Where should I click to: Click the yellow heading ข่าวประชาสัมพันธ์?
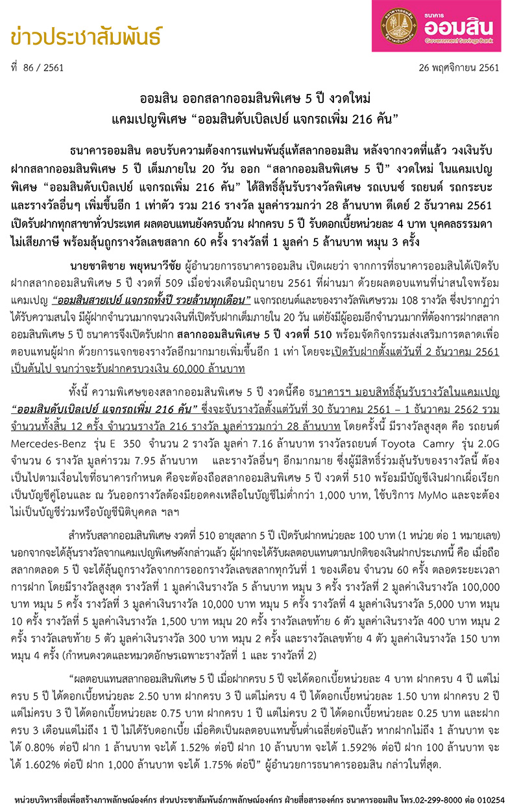point(86,37)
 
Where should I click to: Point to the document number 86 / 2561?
point(40,67)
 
